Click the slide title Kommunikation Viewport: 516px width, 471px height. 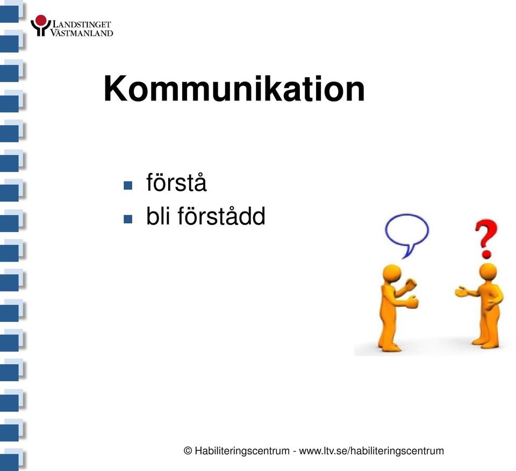(x=234, y=89)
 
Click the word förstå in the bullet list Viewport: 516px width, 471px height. (x=176, y=182)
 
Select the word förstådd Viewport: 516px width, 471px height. (x=221, y=216)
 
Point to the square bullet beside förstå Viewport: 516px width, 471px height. (x=128, y=185)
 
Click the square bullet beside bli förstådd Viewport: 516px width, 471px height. (x=128, y=219)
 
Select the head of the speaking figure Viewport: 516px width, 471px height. (x=392, y=274)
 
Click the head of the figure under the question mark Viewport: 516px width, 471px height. (x=488, y=272)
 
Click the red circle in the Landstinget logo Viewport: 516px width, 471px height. (x=41, y=20)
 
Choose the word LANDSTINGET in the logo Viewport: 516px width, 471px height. (x=82, y=24)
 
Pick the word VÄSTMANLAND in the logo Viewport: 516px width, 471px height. (x=82, y=33)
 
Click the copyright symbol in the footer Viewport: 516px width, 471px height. (x=188, y=451)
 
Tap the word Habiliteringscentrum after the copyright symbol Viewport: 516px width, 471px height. (x=242, y=451)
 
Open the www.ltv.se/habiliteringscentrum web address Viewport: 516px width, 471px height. (x=371, y=451)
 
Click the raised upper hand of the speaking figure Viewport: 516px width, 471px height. (x=411, y=284)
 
